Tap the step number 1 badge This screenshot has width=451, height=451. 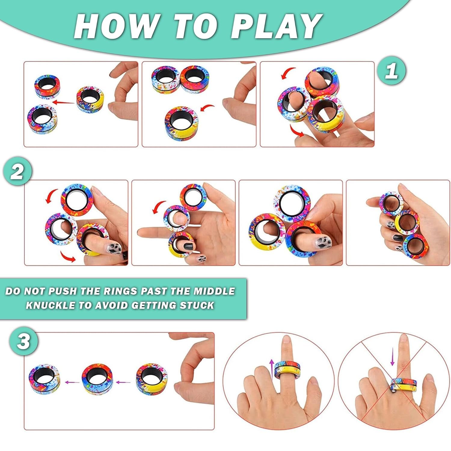(391, 71)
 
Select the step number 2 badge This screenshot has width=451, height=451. (17, 172)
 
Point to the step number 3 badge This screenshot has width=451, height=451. (23, 342)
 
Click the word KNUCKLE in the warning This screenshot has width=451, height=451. (51, 305)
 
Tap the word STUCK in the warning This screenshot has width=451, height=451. (197, 305)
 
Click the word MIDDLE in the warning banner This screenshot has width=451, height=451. (214, 291)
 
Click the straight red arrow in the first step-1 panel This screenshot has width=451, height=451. (63, 103)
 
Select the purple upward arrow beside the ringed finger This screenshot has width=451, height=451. (272, 369)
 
